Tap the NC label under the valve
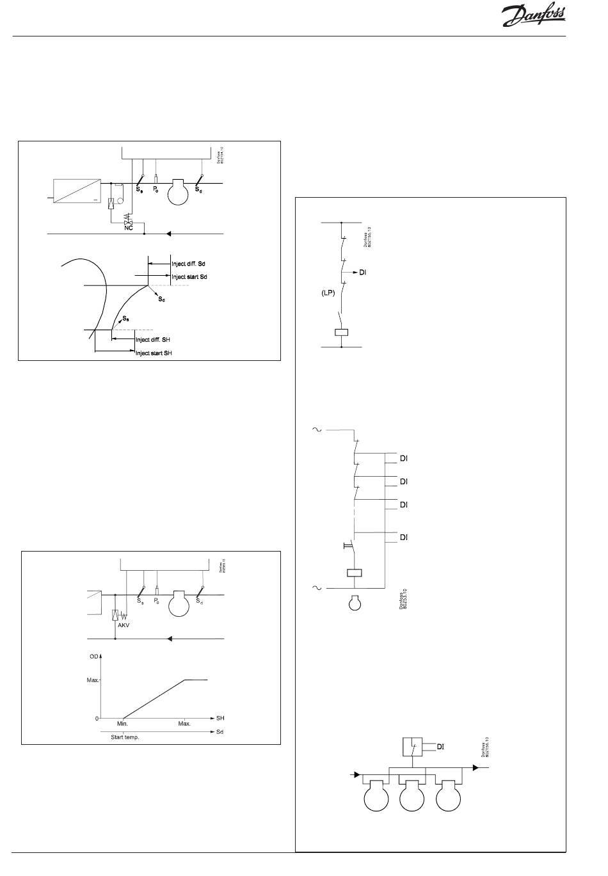tap(128, 228)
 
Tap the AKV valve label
tap(124, 625)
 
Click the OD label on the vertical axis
tap(93, 657)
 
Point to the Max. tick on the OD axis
tap(93, 680)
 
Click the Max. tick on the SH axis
tap(184, 723)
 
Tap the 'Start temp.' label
tap(121, 737)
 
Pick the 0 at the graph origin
tap(97, 719)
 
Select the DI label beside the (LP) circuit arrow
tap(363, 273)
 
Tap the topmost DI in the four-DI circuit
tap(404, 458)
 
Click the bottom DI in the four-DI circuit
tap(404, 538)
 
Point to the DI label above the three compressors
tap(440, 746)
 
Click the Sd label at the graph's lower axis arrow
tap(220, 731)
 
